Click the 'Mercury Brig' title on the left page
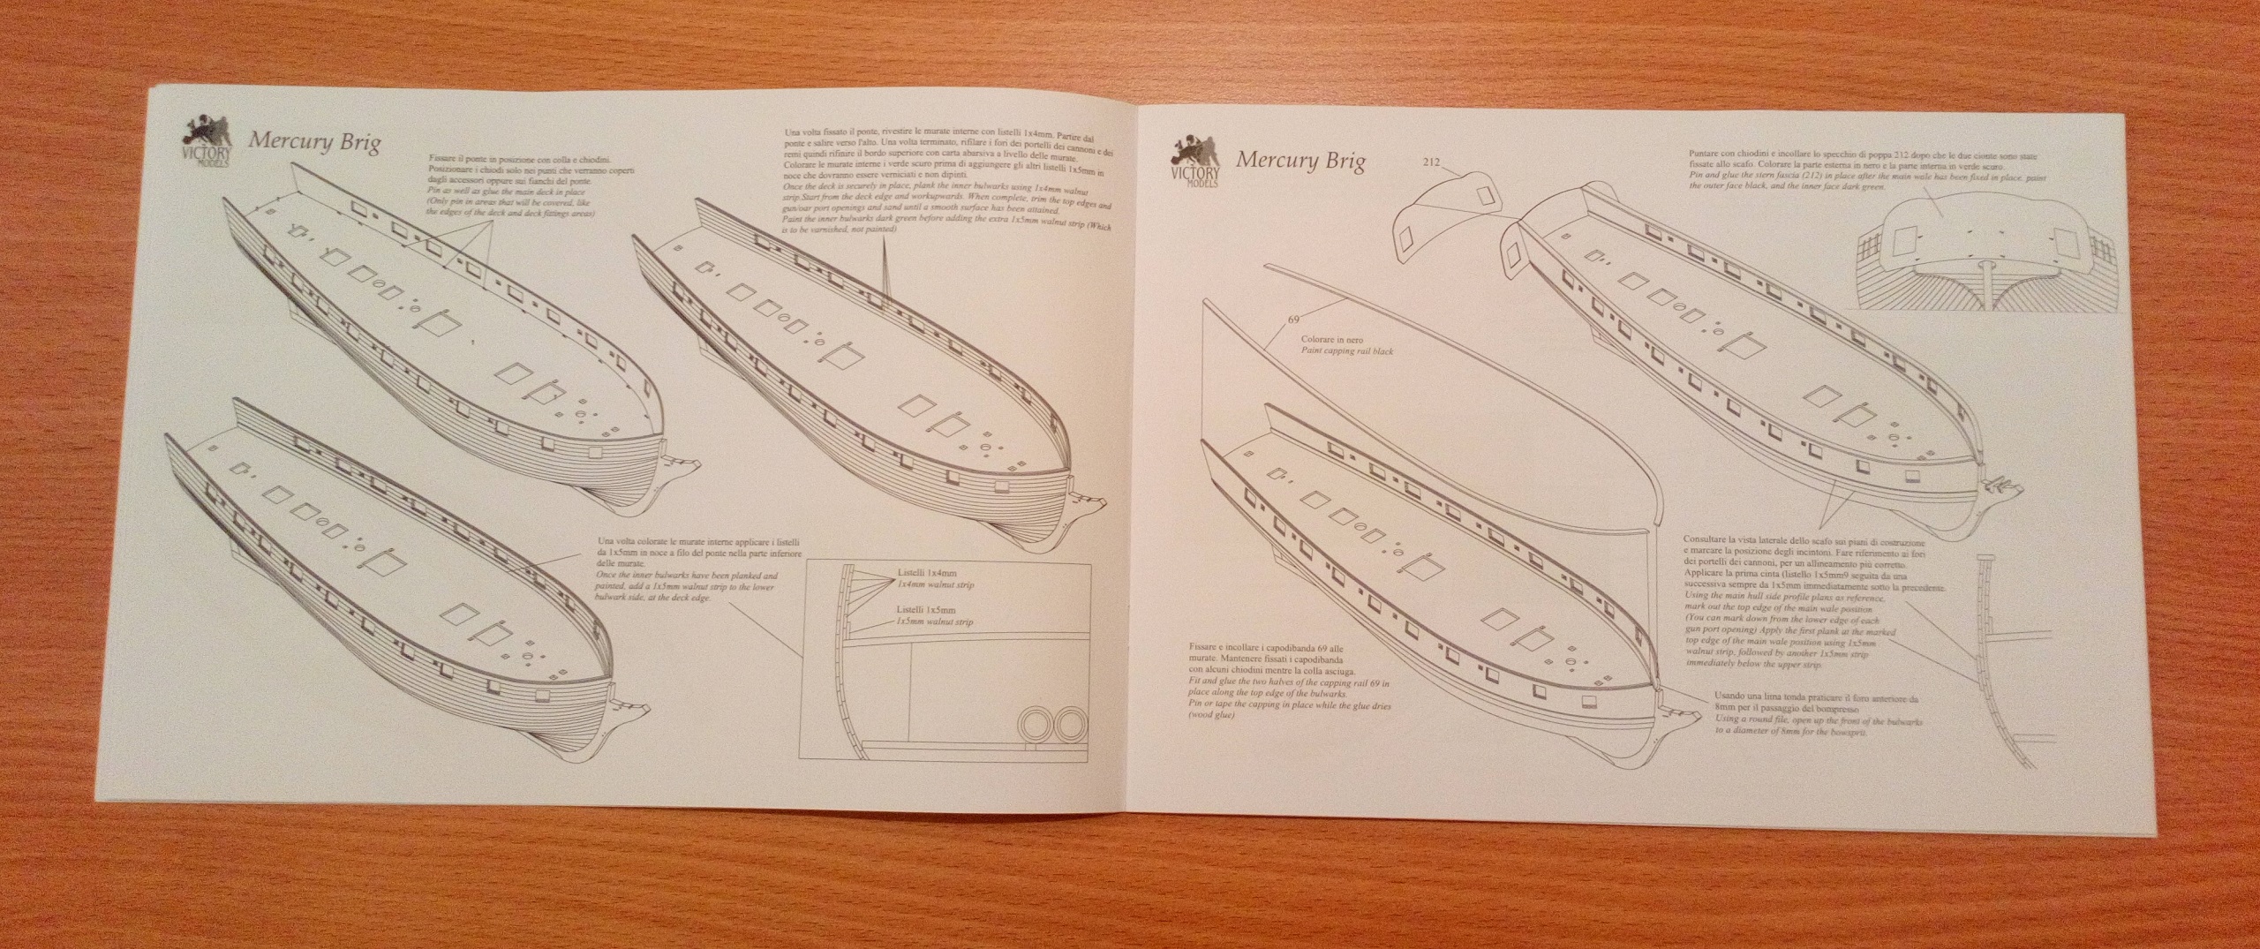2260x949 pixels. pos(314,143)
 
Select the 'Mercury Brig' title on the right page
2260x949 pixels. pos(1299,160)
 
